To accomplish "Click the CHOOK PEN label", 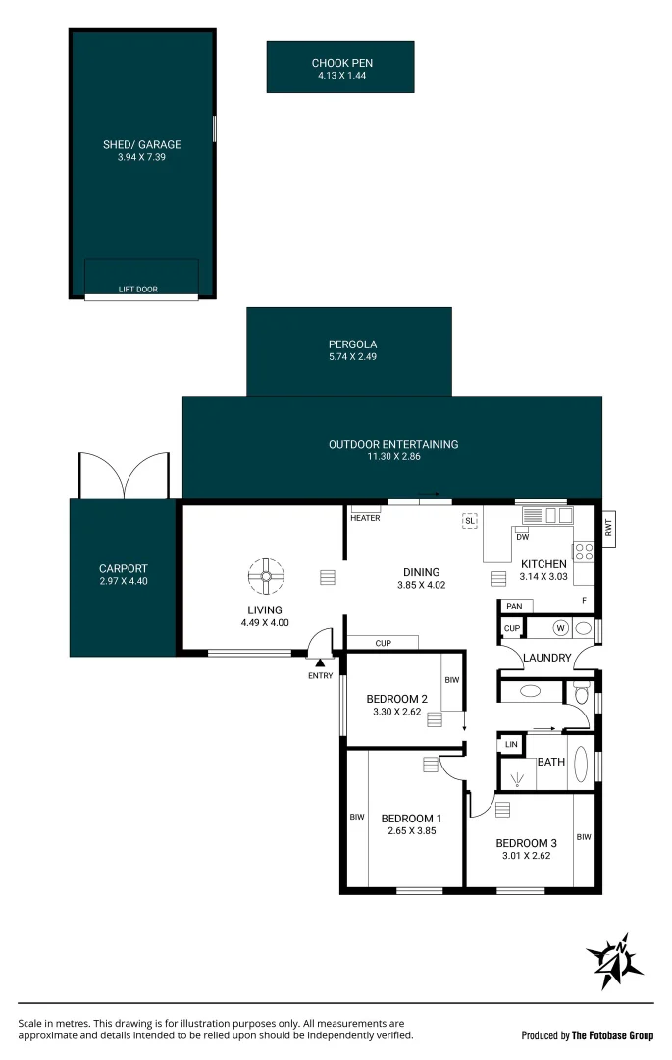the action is (341, 63).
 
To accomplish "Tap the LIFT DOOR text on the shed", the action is (137, 290).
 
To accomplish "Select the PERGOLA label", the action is (352, 344).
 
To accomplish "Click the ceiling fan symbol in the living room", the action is (266, 576).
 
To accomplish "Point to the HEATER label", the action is (365, 518).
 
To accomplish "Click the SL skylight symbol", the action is (469, 521).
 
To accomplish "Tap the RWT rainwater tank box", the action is (608, 527).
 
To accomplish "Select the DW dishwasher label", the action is (523, 537).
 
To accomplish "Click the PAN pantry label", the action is (514, 606).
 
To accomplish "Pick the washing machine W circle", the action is (560, 628).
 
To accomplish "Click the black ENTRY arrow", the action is (320, 665).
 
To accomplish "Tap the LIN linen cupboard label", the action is (511, 744).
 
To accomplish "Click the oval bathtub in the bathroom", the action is (580, 764).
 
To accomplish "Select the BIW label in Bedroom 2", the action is (452, 680).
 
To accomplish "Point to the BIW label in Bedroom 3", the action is (584, 837).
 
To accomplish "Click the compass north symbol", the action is (614, 961).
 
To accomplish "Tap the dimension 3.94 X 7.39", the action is (141, 157).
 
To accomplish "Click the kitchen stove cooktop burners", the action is (585, 551).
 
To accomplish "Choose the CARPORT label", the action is (123, 568).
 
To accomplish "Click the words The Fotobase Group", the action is (612, 1035).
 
